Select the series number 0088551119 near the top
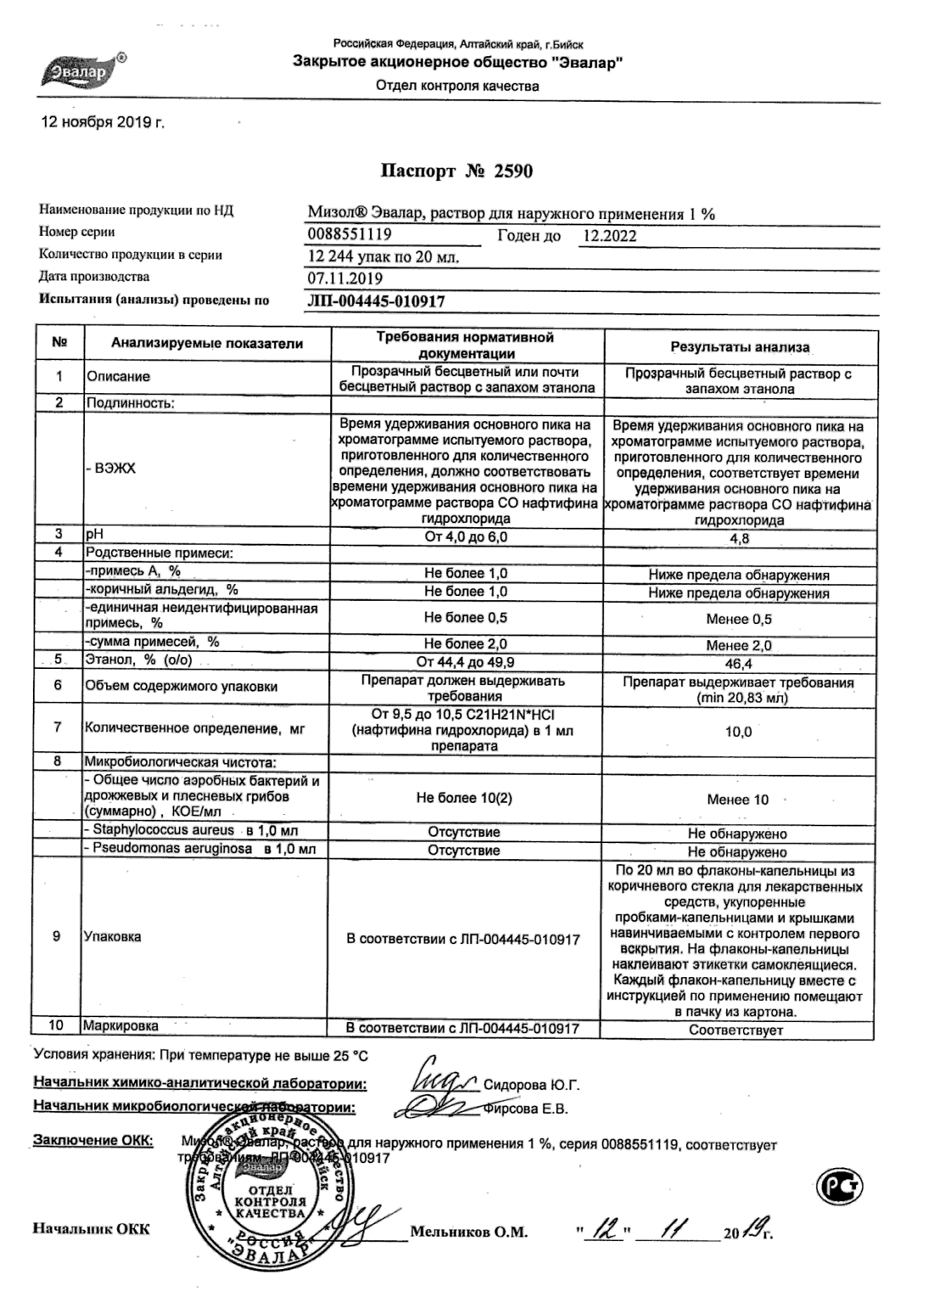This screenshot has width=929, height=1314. [350, 234]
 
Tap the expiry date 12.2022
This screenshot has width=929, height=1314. [610, 236]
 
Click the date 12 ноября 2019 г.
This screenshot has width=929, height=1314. [103, 122]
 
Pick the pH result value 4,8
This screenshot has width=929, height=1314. [740, 539]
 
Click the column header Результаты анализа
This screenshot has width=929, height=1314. [739, 347]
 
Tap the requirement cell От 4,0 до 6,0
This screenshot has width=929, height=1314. [466, 538]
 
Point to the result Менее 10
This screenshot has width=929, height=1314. [737, 799]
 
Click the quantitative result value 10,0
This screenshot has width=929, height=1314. [738, 732]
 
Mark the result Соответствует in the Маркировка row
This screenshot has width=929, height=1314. [736, 1030]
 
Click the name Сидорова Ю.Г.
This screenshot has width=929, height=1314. [532, 1085]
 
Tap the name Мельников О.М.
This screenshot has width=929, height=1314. [468, 1232]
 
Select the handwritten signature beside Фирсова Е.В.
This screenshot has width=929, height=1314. [433, 1108]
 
